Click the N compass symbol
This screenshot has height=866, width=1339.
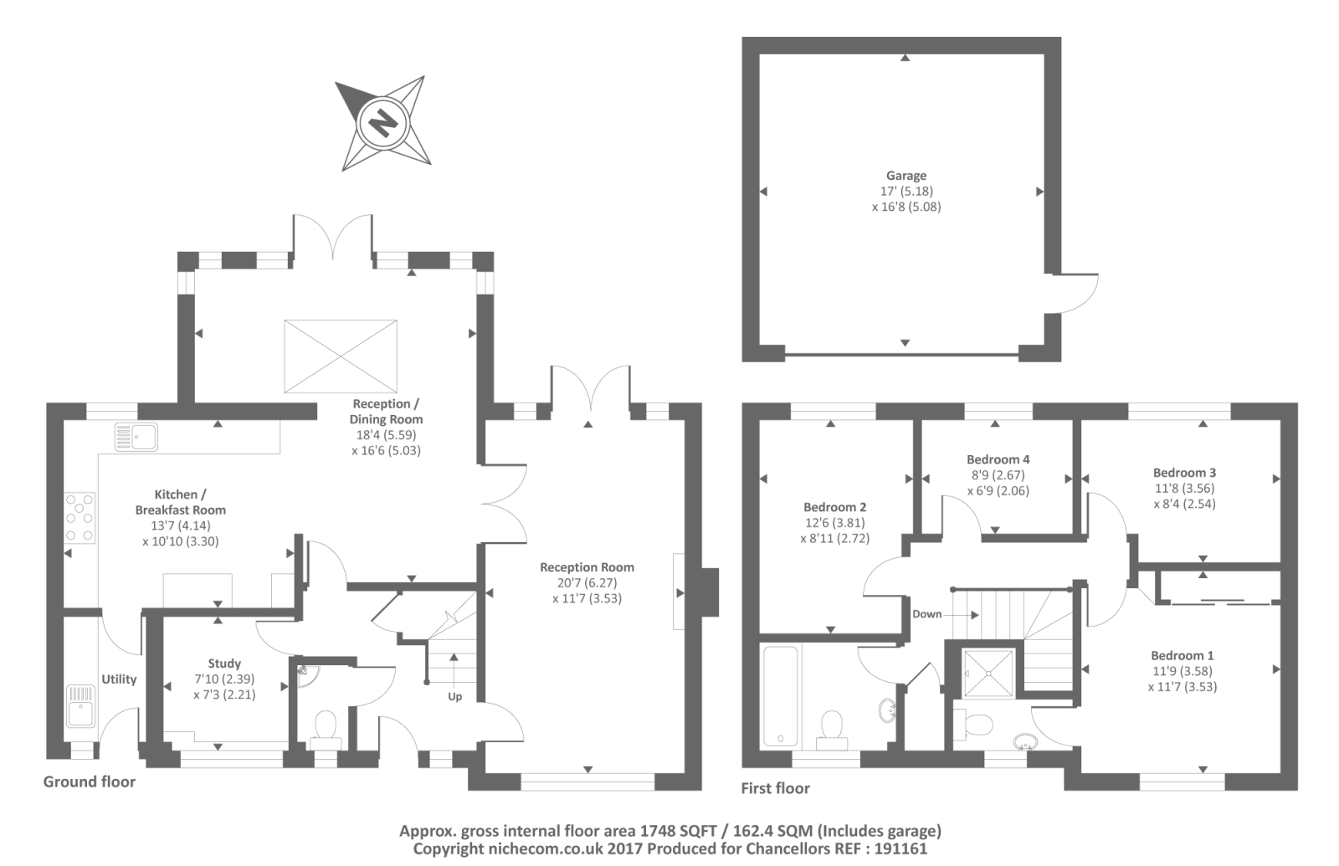coord(382,123)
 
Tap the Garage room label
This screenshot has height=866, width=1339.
coord(906,176)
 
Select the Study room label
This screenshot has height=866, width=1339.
coord(224,664)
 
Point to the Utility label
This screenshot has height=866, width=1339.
coord(119,679)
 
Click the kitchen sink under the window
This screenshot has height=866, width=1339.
coord(136,437)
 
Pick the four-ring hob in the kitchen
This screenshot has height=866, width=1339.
coord(80,518)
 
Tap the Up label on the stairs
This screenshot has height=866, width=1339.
coord(454,696)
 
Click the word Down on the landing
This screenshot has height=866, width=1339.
coord(926,614)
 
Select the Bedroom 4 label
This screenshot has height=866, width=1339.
coord(998,459)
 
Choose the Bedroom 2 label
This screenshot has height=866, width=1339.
coord(834,507)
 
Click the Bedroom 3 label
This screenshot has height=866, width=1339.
coord(1184,473)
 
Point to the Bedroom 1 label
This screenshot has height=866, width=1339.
coord(1182,655)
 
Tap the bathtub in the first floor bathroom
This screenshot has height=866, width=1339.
coord(781,696)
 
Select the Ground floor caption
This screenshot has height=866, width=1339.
coord(90,781)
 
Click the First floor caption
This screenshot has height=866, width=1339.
coord(775,788)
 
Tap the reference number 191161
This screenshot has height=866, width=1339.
coord(899,848)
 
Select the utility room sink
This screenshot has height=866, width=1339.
coord(81,705)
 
